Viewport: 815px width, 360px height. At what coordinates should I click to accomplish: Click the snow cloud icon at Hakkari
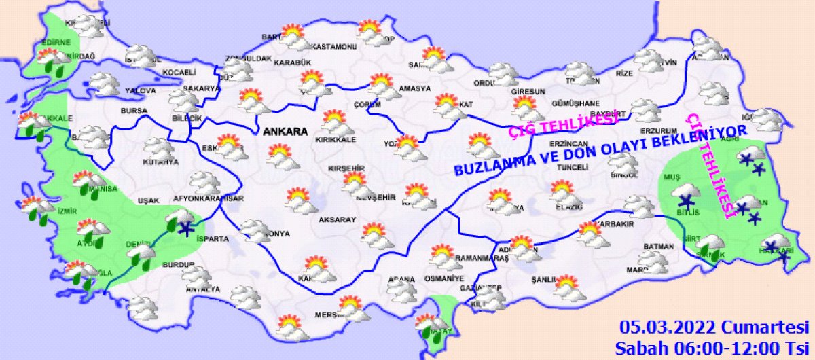776,247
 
